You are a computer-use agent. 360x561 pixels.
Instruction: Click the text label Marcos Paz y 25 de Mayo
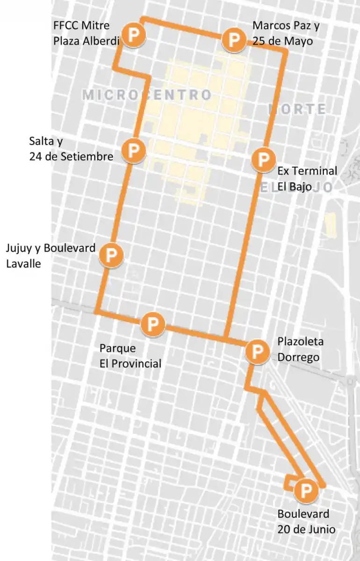pyautogui.click(x=286, y=33)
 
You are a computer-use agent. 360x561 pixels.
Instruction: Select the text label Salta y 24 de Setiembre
pyautogui.click(x=71, y=149)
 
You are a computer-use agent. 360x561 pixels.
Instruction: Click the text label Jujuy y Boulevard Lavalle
pyautogui.click(x=50, y=255)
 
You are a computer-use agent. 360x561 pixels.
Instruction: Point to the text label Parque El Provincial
pyautogui.click(x=130, y=356)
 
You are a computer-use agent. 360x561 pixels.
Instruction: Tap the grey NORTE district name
pyautogui.click(x=298, y=109)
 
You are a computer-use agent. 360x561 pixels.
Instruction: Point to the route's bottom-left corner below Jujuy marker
pyautogui.click(x=96, y=311)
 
